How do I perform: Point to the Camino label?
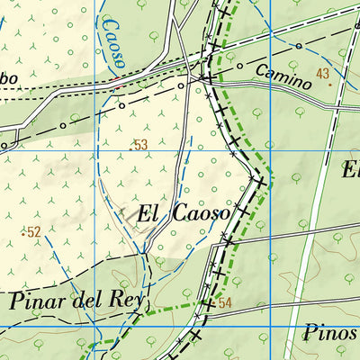coord(283,76)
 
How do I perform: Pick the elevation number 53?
coord(139,145)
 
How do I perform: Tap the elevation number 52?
coord(34,232)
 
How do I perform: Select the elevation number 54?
coord(225,303)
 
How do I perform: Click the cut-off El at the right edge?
coord(351,168)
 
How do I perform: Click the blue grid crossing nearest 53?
coord(94,149)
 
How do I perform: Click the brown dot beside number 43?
coord(329,85)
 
